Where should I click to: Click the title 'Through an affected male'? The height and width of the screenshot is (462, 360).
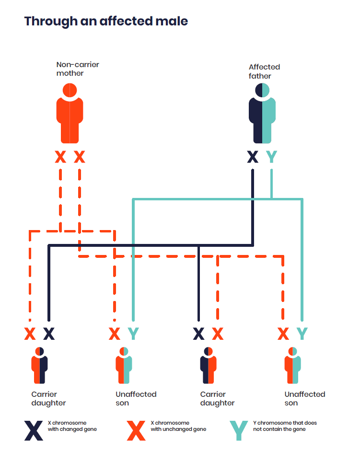click(106, 22)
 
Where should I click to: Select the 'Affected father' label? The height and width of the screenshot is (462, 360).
click(264, 71)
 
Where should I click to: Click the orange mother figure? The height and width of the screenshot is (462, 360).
click(70, 115)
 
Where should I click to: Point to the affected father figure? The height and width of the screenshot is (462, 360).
click(262, 115)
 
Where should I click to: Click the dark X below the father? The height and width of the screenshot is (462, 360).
click(253, 157)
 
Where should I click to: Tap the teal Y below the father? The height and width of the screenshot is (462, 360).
click(272, 157)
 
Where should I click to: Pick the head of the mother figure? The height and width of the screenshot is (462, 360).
click(70, 90)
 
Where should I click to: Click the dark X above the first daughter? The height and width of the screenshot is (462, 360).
click(49, 334)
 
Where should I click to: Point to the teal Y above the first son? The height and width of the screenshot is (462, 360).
click(133, 334)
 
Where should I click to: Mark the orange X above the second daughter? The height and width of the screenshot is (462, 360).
click(218, 334)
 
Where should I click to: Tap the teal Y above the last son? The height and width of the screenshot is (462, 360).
click(302, 334)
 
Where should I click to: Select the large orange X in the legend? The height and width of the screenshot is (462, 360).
click(136, 431)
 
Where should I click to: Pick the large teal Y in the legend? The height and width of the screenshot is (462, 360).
click(239, 431)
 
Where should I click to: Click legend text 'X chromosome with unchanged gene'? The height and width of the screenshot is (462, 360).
click(178, 426)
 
